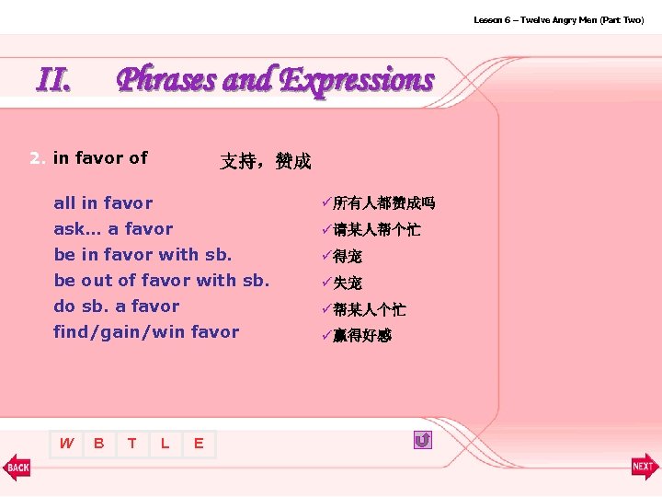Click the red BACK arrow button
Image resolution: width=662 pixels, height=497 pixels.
click(17, 467)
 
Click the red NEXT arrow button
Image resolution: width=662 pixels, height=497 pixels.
click(645, 467)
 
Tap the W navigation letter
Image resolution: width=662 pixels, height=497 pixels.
click(66, 444)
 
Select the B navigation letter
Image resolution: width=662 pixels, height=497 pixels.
click(98, 444)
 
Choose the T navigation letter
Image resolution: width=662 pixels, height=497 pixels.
click(132, 444)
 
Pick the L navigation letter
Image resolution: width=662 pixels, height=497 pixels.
click(165, 444)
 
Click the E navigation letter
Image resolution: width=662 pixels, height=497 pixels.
click(199, 444)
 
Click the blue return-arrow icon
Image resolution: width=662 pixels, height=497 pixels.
click(422, 441)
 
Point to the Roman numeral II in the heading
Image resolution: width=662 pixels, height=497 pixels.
click(54, 80)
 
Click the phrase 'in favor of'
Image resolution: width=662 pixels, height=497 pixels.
click(100, 157)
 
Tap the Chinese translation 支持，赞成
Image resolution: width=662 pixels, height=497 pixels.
click(265, 162)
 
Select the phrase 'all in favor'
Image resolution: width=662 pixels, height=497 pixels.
click(103, 202)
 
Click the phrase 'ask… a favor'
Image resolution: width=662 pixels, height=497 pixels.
click(113, 228)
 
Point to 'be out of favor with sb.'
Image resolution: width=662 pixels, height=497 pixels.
click(162, 280)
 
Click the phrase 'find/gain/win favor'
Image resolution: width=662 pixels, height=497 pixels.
click(146, 331)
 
